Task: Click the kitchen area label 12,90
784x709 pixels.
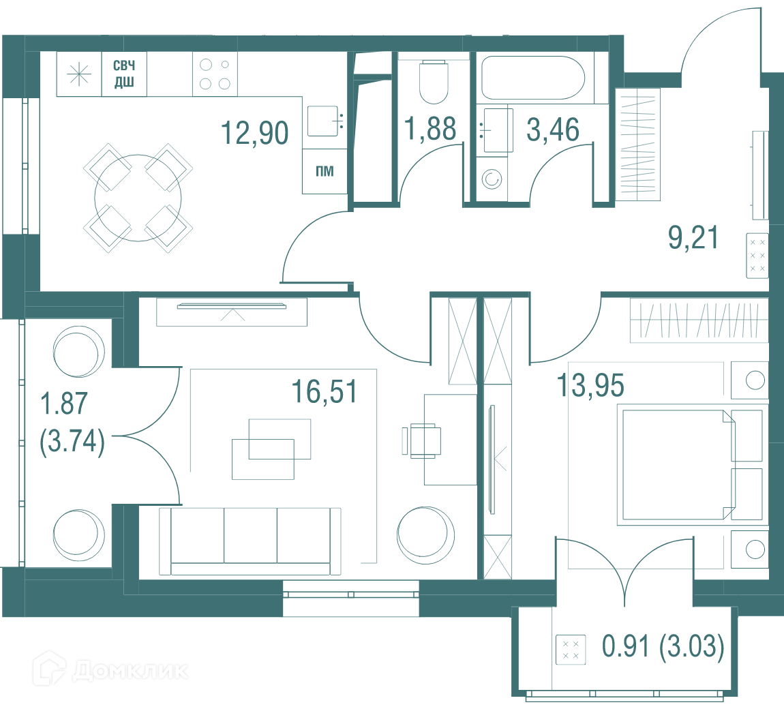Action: (254, 133)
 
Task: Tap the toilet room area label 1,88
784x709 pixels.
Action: (430, 128)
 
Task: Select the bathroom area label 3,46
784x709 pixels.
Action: (552, 129)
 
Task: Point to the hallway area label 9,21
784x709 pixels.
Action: (693, 237)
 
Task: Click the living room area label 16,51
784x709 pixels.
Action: (324, 391)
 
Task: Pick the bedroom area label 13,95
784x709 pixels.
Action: (590, 385)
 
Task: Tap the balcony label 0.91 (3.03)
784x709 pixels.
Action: (663, 646)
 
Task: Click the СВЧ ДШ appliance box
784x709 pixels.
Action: (124, 74)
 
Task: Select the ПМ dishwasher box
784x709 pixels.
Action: (325, 172)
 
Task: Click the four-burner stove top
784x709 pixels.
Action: (215, 74)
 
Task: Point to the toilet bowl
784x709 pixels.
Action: (434, 82)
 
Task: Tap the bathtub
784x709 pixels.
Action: (533, 78)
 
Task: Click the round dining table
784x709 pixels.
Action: (138, 198)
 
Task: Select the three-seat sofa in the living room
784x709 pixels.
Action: (250, 541)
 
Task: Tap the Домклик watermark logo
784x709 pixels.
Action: (111, 669)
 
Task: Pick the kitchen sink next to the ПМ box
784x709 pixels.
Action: (325, 121)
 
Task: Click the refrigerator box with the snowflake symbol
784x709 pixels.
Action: (79, 74)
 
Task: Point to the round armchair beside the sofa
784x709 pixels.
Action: (425, 535)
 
